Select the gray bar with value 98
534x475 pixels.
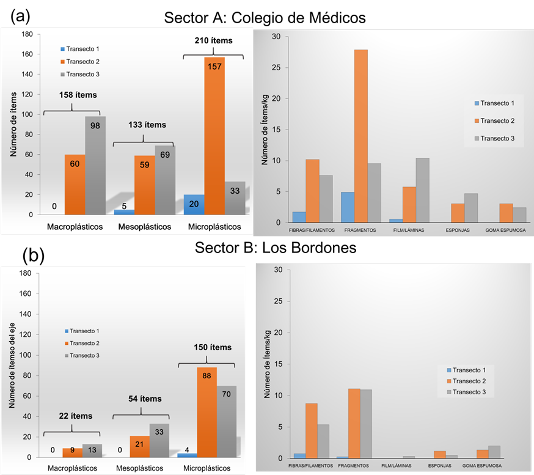point(95,165)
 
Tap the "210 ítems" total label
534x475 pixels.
point(213,41)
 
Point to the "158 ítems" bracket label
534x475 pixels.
point(78,95)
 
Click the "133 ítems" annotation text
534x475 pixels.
point(147,125)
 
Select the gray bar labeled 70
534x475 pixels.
point(226,421)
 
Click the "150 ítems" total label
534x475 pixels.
point(213,347)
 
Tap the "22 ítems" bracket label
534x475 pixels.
point(76,416)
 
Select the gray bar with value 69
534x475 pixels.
point(165,180)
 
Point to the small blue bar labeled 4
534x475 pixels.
point(187,455)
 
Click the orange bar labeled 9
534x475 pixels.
point(73,453)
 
